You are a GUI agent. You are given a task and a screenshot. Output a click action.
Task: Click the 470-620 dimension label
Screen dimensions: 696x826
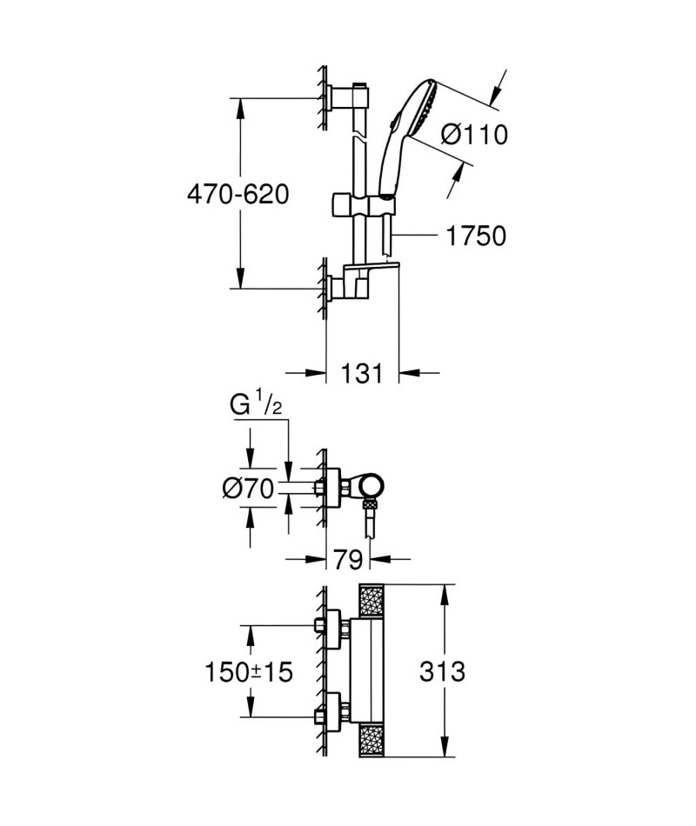[238, 195]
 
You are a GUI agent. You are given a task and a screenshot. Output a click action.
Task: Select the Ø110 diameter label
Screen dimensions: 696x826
[474, 134]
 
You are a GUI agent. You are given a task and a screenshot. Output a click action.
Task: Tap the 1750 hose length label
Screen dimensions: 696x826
[476, 236]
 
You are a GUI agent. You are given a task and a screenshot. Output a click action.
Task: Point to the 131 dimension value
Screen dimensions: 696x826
[362, 374]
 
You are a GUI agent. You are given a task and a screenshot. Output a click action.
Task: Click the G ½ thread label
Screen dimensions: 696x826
[256, 406]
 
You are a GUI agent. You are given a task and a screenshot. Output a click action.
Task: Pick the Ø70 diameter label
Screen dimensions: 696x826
[248, 489]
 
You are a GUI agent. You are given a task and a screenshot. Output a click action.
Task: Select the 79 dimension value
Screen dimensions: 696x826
[348, 559]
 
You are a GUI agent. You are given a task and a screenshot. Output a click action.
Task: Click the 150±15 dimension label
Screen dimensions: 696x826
[248, 671]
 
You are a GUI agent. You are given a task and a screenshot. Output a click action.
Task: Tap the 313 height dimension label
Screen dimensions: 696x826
[442, 671]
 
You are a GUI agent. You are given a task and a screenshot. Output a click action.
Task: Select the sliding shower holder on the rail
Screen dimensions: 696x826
[363, 204]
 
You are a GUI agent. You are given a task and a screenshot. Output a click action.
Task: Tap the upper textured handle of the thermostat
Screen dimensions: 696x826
[372, 602]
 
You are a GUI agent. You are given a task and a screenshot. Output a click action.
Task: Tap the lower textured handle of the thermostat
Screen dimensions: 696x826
[372, 741]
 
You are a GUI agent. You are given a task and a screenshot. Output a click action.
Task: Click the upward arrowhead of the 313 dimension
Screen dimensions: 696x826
[446, 596]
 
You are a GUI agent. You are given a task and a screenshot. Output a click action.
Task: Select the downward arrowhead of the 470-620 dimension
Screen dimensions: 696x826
[240, 277]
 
